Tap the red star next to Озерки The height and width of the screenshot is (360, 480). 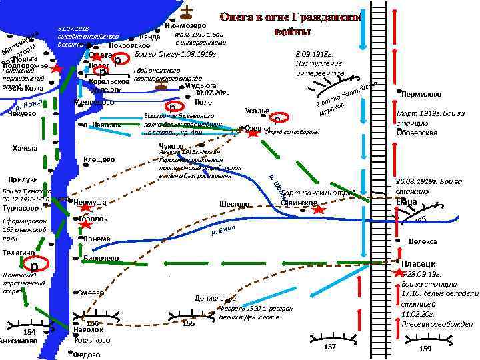253,133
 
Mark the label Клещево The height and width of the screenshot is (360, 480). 99,159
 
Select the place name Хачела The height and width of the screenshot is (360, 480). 25,147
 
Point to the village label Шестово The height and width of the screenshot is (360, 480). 234,204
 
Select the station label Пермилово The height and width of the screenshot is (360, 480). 423,95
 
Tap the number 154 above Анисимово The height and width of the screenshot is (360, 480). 29,332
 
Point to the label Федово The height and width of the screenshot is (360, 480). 87,355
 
